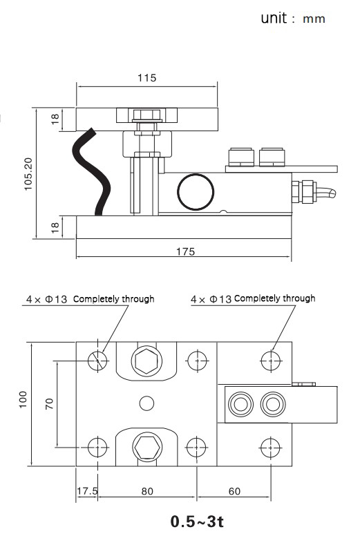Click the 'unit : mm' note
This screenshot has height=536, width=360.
tap(292, 19)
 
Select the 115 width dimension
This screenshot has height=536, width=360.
tap(146, 78)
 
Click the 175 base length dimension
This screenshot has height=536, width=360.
tap(184, 251)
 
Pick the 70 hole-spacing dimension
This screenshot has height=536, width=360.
tap(50, 402)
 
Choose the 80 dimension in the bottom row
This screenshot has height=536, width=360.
tap(147, 491)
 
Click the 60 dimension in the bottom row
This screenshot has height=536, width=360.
tap(234, 491)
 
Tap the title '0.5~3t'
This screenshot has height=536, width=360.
tap(197, 520)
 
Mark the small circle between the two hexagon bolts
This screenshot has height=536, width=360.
tap(146, 402)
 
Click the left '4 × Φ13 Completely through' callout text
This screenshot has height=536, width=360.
tap(90, 299)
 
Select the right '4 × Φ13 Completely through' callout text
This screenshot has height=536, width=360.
tap(253, 298)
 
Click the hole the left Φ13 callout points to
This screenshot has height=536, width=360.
tap(98, 359)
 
